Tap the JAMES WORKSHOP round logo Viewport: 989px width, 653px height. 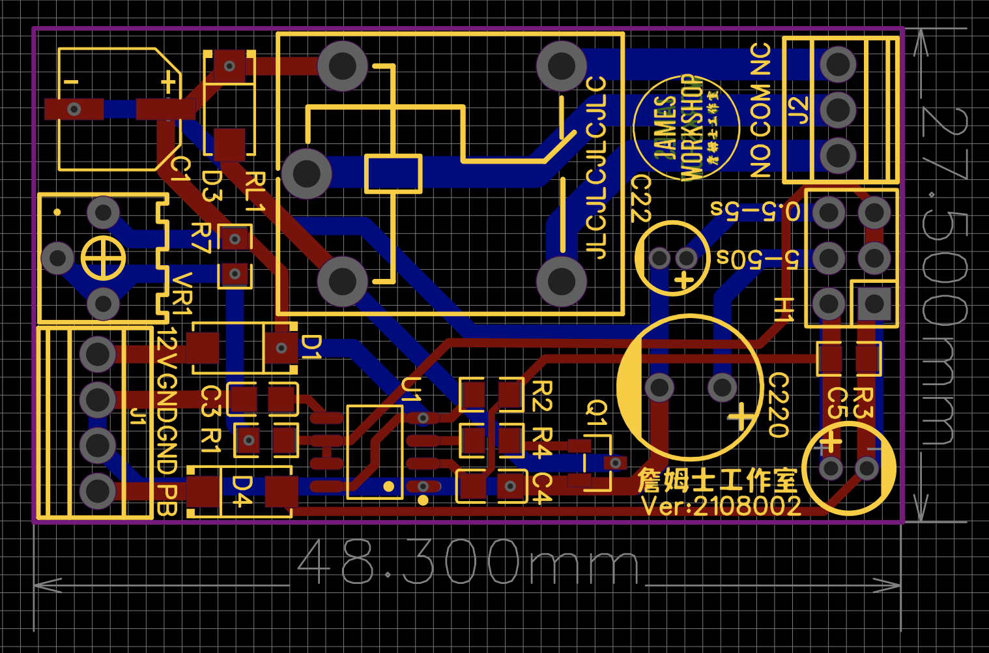[x=686, y=128]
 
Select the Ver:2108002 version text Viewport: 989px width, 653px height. [x=721, y=506]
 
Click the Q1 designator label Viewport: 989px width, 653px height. [x=597, y=413]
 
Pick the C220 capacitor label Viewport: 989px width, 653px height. [x=779, y=405]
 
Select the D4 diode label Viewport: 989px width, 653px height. [x=242, y=491]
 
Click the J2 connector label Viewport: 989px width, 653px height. [x=799, y=109]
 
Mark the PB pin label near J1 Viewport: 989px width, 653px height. [x=167, y=500]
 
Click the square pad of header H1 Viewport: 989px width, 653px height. [x=874, y=304]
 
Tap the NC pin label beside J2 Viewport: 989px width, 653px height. [x=760, y=59]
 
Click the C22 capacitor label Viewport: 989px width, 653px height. [x=641, y=198]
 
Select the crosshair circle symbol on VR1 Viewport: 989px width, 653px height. [x=103, y=258]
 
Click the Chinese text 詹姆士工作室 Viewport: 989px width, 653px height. [x=717, y=480]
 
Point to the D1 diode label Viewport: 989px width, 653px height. [x=311, y=347]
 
